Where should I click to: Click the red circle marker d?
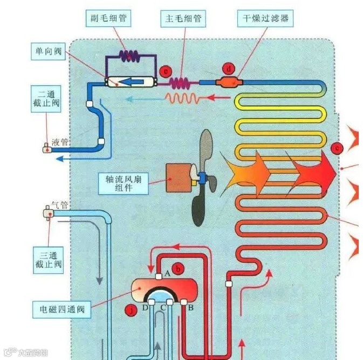click(229, 68)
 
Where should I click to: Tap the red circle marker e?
click(166, 70)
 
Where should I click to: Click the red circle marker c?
click(337, 147)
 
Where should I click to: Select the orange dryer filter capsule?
click(229, 82)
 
